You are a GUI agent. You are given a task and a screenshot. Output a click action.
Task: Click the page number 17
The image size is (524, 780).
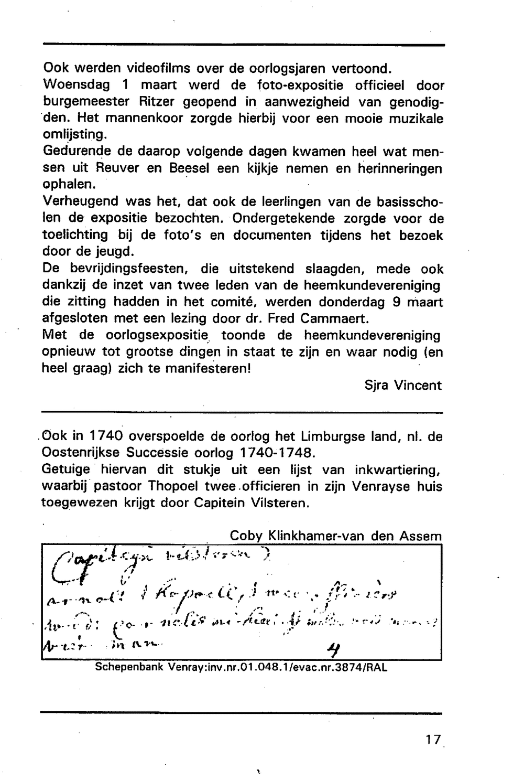(x=433, y=740)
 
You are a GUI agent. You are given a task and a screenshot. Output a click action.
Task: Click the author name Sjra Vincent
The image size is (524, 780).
(x=403, y=386)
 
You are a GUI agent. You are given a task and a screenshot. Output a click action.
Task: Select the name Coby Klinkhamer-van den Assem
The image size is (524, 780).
(x=335, y=536)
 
